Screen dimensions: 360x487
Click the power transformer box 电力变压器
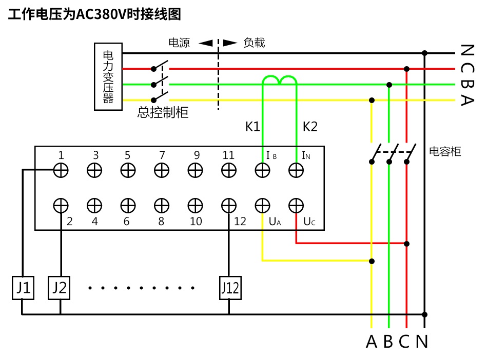108,76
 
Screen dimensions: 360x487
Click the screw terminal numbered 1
61,170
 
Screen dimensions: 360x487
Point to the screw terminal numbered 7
162,170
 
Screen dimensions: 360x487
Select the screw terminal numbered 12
229,205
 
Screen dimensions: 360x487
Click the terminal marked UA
262,205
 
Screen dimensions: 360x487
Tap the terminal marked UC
296,205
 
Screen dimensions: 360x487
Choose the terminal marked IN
296,170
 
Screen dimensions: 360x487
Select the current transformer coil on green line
280,80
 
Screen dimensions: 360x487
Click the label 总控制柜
163,112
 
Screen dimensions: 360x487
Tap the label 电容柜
445,151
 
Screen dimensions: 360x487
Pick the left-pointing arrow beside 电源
205,43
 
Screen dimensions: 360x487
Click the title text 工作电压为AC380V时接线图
94,14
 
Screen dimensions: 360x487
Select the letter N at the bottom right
422,341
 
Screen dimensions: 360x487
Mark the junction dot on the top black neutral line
424,53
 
